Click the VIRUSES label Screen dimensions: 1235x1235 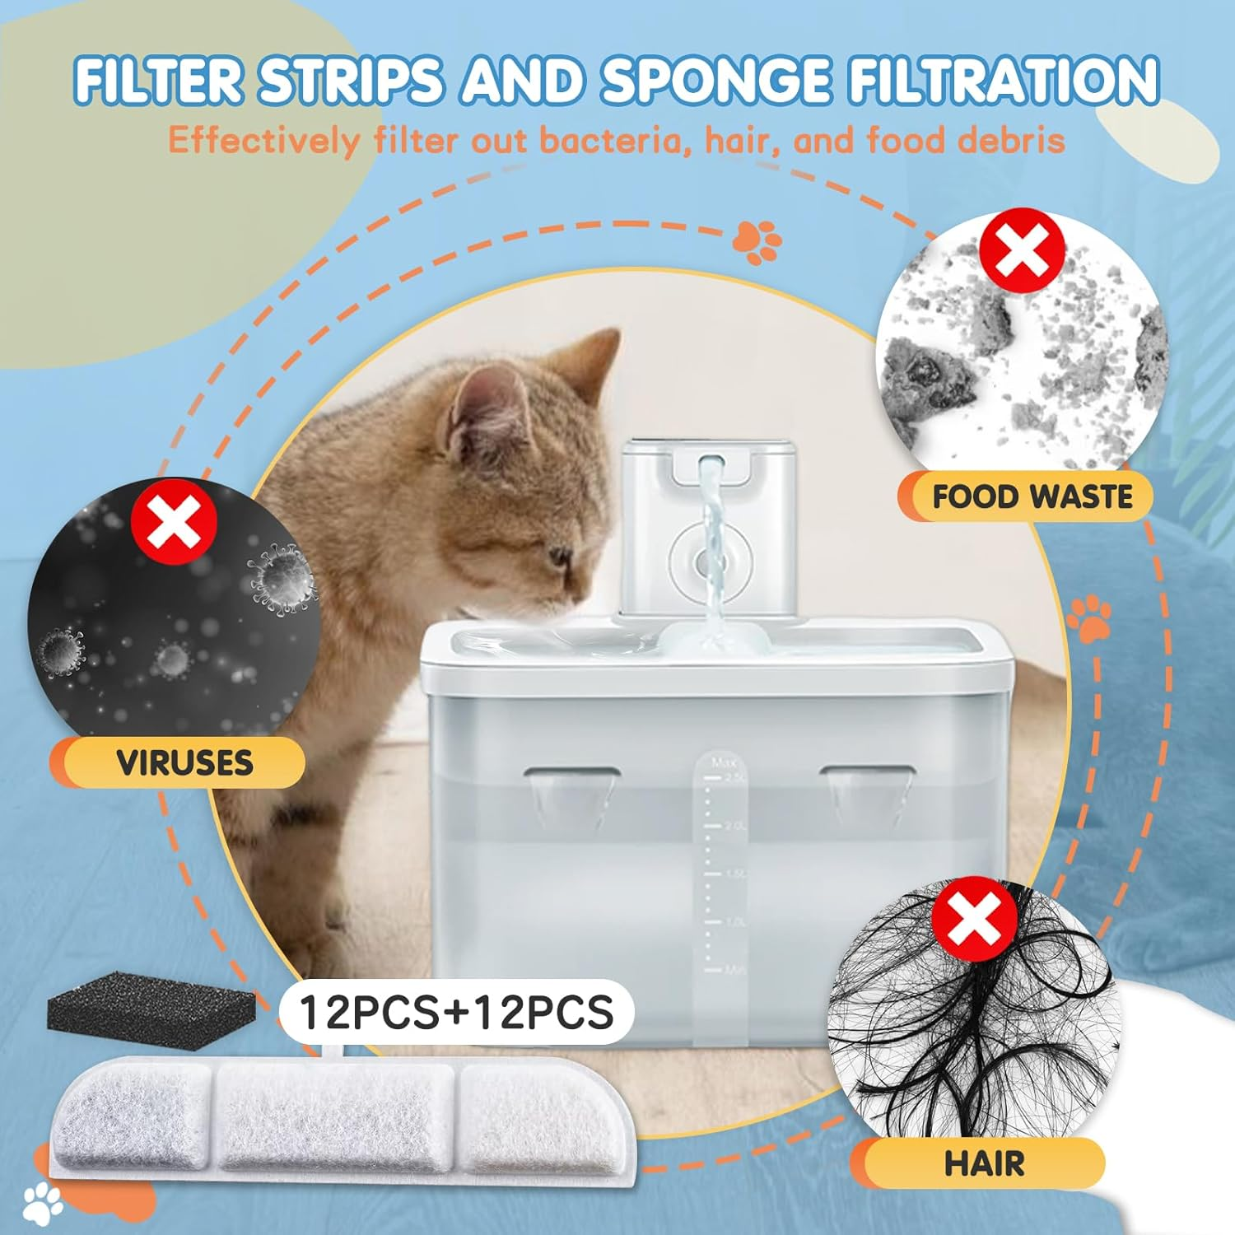point(184,762)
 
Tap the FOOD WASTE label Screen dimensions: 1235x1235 point(1032,496)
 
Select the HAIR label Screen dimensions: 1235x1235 point(984,1163)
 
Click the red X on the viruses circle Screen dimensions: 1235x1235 point(174,521)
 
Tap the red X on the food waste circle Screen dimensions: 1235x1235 point(1022,249)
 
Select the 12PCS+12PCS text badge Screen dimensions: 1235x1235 point(456,1012)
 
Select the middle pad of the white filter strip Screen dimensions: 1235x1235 point(335,1115)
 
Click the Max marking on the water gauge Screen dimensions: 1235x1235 point(723,762)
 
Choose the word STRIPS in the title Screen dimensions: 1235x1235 point(351,81)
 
